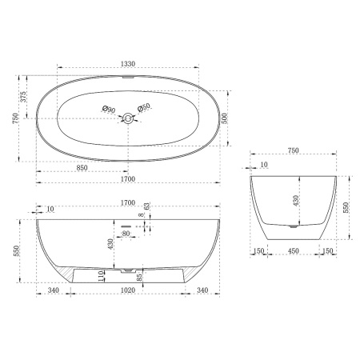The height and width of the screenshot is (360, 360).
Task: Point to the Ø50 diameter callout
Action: click(x=144, y=109)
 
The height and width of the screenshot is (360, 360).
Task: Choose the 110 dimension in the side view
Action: click(x=100, y=276)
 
